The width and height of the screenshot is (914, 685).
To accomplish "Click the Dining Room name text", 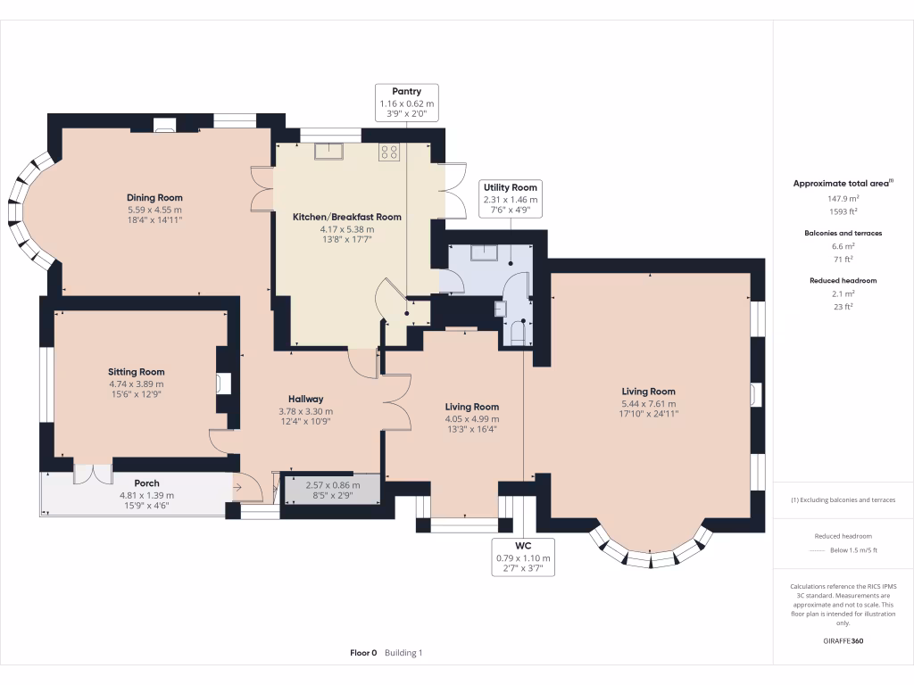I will tap(154, 198).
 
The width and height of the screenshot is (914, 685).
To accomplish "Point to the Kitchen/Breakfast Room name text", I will tap(347, 217).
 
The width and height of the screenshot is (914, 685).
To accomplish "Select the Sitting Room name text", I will tap(137, 372).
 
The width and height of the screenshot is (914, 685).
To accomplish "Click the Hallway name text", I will tap(305, 399).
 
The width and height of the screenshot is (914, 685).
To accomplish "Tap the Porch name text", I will tap(146, 483).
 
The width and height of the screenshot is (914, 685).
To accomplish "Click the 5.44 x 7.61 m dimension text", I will tap(648, 403).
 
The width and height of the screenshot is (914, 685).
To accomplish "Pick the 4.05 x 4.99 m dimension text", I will tap(472, 418).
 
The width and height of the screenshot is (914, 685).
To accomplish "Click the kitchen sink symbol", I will tap(328, 152).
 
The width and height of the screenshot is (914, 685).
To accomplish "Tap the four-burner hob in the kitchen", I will tap(389, 152).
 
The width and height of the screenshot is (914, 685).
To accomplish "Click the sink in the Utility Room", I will tap(486, 252).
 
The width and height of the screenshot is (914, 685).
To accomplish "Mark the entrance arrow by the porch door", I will tap(238, 487).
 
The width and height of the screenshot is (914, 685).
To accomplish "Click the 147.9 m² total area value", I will tap(843, 199).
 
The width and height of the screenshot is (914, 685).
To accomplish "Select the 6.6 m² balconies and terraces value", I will tap(843, 246).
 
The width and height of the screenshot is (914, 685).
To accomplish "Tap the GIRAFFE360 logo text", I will tap(843, 640).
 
